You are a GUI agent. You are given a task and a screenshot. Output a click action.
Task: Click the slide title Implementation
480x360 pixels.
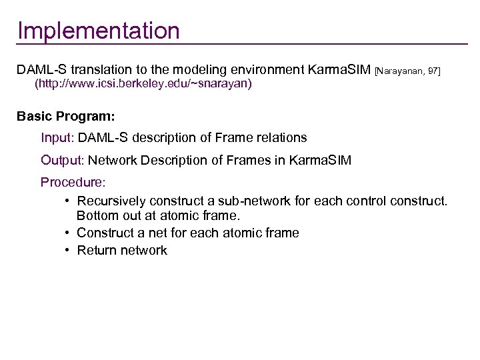(99, 31)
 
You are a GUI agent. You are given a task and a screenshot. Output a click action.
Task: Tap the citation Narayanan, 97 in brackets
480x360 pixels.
(408, 70)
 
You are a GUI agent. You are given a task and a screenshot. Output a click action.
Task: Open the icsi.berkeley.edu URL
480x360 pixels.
(143, 85)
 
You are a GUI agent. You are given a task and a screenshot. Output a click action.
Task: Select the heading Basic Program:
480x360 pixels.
(66, 116)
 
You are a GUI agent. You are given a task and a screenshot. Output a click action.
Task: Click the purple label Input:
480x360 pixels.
(58, 138)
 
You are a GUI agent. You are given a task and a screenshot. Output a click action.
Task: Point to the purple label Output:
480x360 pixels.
(63, 160)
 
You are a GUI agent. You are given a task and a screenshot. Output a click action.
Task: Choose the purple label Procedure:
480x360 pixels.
(73, 182)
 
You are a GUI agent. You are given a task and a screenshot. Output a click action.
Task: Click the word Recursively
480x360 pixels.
(111, 201)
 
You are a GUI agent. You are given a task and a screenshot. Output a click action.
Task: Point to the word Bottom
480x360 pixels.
(97, 216)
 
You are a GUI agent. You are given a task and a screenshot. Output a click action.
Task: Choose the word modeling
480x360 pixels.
(191, 69)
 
